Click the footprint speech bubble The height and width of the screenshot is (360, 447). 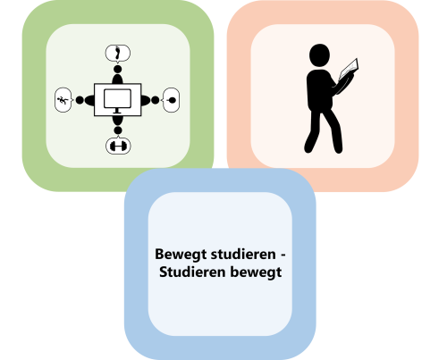coord(118,54)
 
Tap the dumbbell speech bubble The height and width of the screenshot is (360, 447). coord(118,146)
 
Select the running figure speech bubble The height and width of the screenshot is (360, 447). coord(63,100)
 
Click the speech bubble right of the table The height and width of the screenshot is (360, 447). coord(171,100)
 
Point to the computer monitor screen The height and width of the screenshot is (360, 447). coord(117,99)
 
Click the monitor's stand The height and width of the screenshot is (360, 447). coord(117,111)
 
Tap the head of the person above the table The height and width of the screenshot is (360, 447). coord(118,69)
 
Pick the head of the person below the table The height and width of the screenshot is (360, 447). coord(118,130)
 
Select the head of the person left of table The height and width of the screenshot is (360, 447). coord(80,100)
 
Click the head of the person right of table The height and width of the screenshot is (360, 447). coord(156,100)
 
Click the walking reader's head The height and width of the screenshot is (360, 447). coord(319,55)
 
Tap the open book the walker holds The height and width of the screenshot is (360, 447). coord(349,69)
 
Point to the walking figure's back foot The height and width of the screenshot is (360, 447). coord(309,148)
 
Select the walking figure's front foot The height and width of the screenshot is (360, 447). coord(338,148)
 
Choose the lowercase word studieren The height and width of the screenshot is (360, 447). coord(243,255)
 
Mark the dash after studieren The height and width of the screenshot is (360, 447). coord(283,255)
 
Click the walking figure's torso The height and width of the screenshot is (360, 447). coord(319,90)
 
